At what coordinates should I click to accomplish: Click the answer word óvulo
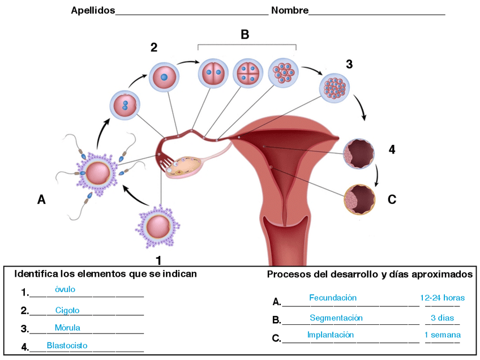65,290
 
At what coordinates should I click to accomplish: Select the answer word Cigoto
67,310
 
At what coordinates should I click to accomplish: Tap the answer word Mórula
67,328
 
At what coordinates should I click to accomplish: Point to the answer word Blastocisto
67,345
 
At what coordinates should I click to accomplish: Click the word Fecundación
333,298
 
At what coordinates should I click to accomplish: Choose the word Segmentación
336,318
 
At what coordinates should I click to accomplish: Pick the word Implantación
331,335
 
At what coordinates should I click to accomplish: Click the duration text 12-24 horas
442,298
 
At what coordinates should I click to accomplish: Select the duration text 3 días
442,318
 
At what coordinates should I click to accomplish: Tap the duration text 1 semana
442,335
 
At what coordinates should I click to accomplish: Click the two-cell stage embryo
212,74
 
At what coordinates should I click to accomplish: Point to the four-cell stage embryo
248,74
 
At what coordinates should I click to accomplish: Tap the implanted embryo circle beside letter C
360,199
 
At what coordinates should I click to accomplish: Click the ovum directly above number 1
157,226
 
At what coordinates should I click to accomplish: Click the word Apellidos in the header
93,11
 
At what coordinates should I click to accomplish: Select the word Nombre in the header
290,11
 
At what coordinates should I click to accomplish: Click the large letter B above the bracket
245,35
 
